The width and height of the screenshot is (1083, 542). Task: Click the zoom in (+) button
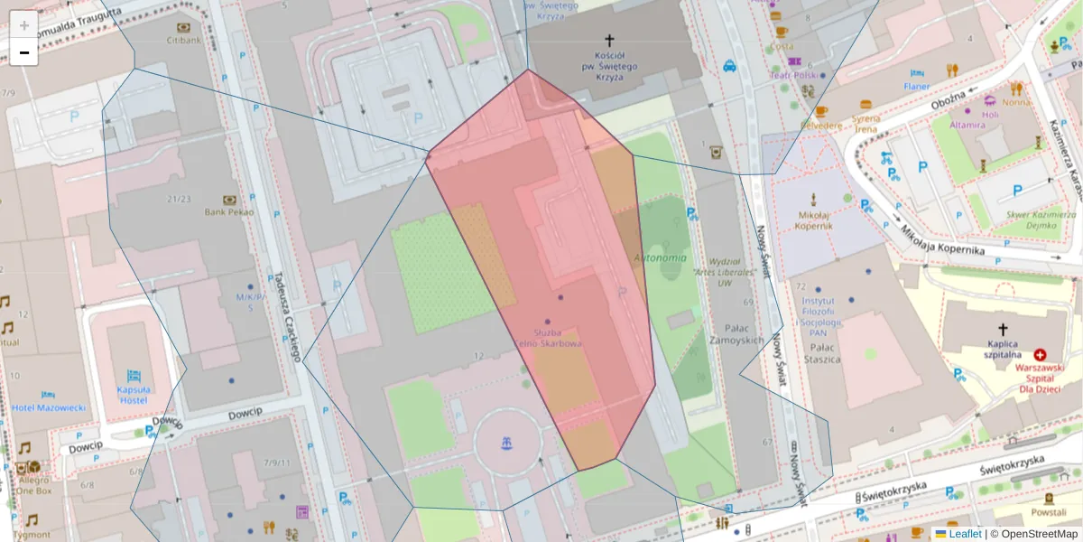(x=24, y=25)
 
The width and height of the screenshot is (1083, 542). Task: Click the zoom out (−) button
(x=24, y=52)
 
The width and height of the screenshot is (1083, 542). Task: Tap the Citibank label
(x=183, y=41)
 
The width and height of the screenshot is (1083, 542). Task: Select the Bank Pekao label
(x=228, y=211)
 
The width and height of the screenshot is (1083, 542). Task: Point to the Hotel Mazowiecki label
(x=49, y=407)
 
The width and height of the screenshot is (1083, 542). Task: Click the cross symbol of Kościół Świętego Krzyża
(x=609, y=41)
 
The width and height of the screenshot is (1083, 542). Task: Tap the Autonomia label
(x=661, y=258)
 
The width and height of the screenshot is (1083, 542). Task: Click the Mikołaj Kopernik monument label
(x=815, y=220)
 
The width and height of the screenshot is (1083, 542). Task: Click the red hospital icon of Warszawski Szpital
(x=1040, y=356)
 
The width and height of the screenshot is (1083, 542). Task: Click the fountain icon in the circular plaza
(x=504, y=443)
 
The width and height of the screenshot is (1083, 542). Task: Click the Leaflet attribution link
(x=965, y=534)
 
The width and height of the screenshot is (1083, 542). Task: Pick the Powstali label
(x=1048, y=512)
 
